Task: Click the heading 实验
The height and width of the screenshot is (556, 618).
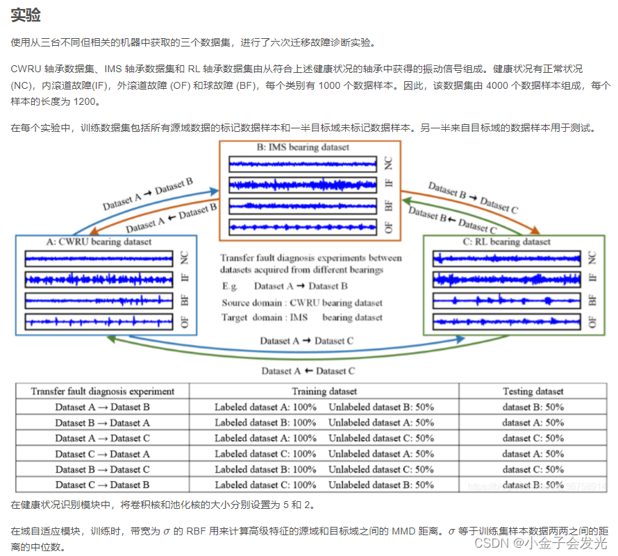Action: pos(26,15)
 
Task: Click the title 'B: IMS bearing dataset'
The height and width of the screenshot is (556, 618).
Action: pos(303,147)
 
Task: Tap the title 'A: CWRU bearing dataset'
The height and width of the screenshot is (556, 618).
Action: pos(99,242)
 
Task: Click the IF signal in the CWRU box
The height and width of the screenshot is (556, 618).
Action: pos(99,279)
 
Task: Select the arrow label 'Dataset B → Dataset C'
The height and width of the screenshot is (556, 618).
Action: pos(473,197)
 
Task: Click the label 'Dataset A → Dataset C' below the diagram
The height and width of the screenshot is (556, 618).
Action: pos(306,341)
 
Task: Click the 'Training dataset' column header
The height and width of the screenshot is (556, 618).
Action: pos(324,391)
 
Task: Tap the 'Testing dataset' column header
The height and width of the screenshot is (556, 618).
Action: pos(533,391)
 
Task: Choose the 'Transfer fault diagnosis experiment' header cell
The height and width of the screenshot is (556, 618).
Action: pos(102,391)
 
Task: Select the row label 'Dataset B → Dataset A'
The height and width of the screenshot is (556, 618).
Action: pos(102,423)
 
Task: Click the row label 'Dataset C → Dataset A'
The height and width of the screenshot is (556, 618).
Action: pos(102,454)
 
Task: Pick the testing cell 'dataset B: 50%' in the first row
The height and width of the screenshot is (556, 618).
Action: pos(533,407)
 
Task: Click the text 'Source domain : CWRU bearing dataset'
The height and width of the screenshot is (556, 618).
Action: pos(302,303)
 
